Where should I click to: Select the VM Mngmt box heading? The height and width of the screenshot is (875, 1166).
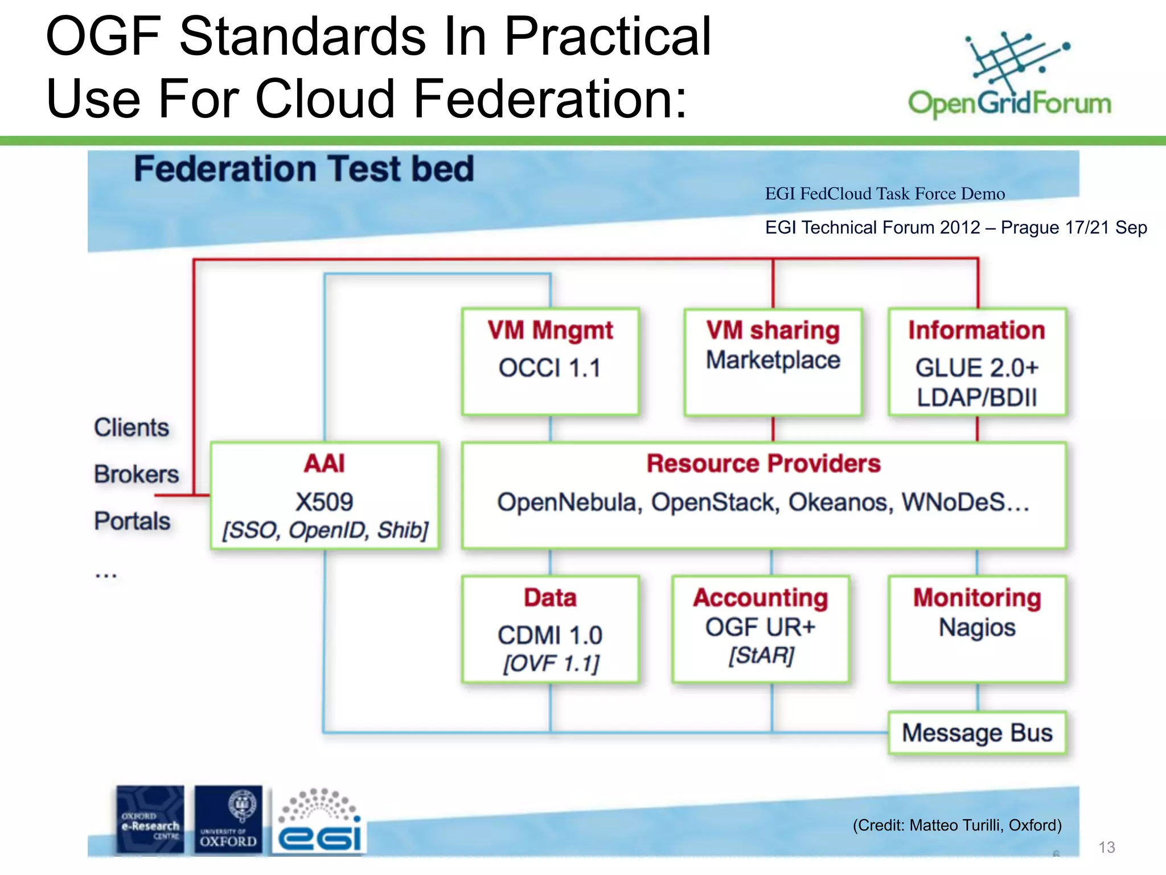(550, 331)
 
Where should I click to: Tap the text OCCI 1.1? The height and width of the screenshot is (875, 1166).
(550, 368)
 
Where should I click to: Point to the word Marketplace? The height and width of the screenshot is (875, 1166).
(773, 361)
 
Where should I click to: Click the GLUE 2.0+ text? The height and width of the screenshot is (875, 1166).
(977, 368)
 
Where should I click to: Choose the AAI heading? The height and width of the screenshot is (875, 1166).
(324, 464)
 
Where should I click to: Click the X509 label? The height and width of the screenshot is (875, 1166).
(324, 502)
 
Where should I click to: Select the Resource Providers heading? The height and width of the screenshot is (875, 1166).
(763, 464)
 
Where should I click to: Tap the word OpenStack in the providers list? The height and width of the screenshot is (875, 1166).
(715, 502)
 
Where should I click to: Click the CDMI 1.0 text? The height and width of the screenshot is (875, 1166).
(550, 635)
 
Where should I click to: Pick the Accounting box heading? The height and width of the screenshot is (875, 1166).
(761, 598)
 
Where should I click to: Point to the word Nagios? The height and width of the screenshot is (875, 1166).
(977, 628)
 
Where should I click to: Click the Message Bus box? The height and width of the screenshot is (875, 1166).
(977, 733)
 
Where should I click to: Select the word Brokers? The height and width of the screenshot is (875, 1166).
(137, 475)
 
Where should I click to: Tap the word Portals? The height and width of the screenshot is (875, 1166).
(132, 521)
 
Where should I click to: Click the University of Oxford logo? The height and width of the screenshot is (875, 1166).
(228, 819)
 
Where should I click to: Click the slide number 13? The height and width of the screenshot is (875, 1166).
(1106, 848)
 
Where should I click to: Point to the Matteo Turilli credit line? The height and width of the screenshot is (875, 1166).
(957, 825)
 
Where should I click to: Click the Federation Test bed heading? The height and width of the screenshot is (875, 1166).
(303, 169)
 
